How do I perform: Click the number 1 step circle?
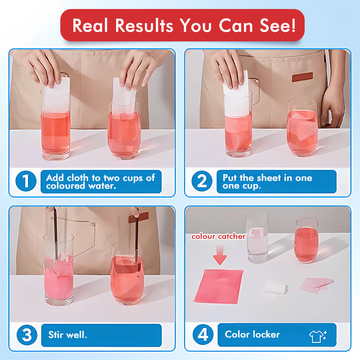coord(26,181)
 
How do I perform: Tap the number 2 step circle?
coord(202,181)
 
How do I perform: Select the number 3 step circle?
coord(27,335)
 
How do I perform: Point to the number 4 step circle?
coord(203,334)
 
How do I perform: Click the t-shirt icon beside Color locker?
coord(318,336)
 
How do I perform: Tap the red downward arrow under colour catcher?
coord(220,254)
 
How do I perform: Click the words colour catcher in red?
coord(218,237)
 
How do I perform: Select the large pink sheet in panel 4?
coord(218,287)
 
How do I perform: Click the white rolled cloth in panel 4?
coord(276,287)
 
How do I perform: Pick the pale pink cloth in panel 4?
coord(316,285)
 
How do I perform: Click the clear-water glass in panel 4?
coord(257,238)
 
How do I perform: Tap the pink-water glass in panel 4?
coord(306,241)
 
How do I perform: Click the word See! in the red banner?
coord(278,25)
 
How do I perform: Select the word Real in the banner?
coord(90,25)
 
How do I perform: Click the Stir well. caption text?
coord(68,335)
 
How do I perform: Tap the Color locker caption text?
coord(252,334)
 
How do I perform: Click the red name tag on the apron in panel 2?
coord(302,77)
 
